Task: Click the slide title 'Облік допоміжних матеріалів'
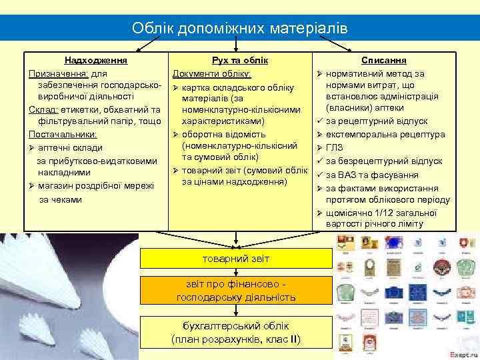pyautogui.click(x=240, y=28)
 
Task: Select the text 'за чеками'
pyautogui.click(x=60, y=199)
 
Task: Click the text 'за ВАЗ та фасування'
pyautogui.click(x=373, y=175)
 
